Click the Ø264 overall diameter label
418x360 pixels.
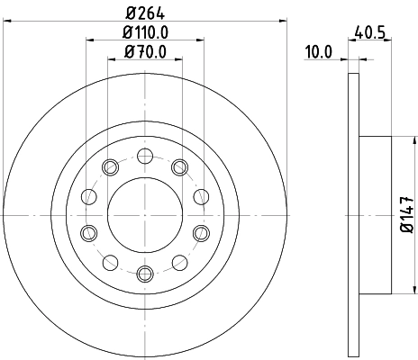[144, 13]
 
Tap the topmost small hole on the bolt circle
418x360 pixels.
[144, 156]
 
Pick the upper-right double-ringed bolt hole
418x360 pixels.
[179, 166]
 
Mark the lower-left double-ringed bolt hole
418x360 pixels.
[88, 233]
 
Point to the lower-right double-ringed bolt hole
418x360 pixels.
[200, 233]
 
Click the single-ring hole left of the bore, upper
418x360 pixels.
[88, 195]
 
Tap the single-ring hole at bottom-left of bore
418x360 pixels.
[110, 262]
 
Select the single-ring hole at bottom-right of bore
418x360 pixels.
[179, 262]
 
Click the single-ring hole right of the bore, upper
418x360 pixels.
[200, 195]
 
